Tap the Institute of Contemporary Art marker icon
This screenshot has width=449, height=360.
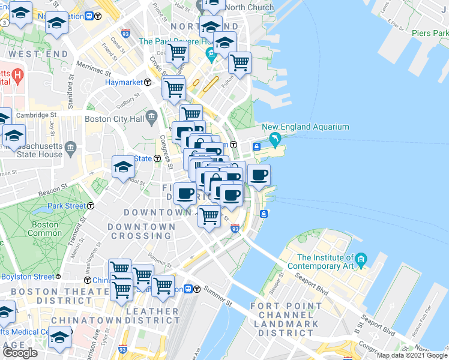[361, 260]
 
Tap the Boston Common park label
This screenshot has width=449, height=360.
[45, 229]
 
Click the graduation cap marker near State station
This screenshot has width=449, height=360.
[123, 166]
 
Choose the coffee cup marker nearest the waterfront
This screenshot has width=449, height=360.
[259, 175]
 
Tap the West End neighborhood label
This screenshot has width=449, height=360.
[32, 54]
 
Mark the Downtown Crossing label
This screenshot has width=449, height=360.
[142, 231]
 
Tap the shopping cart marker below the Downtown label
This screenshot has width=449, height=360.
[209, 215]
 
